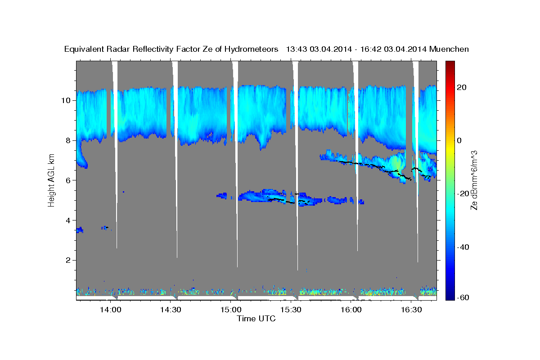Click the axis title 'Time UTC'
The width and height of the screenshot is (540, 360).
pos(256,319)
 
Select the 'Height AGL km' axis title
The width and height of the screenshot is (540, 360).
pos(52,180)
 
